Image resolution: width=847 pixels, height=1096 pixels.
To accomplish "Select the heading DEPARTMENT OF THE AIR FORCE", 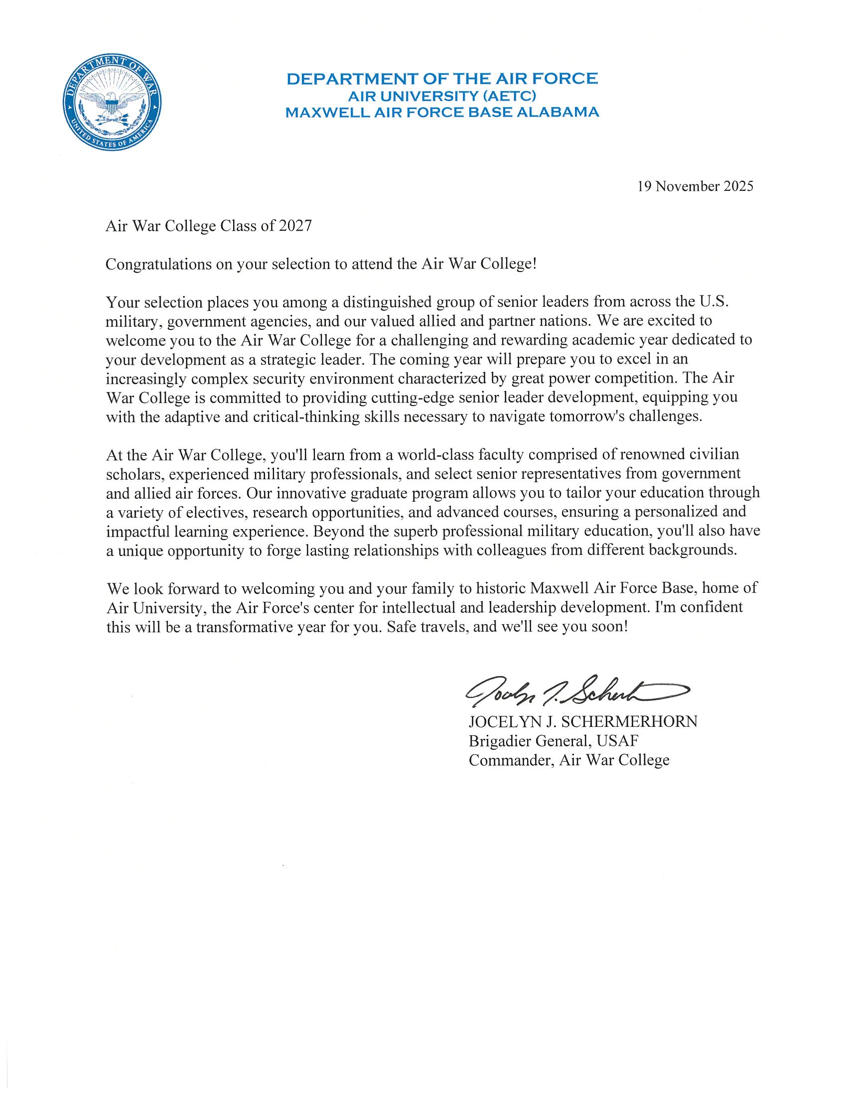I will pyautogui.click(x=441, y=79).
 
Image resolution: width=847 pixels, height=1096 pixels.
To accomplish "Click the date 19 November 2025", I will pyautogui.click(x=695, y=187).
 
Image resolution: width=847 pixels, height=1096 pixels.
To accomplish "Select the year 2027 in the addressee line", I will pyautogui.click(x=295, y=226).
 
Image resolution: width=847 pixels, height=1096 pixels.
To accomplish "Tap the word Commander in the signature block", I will pyautogui.click(x=511, y=760).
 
